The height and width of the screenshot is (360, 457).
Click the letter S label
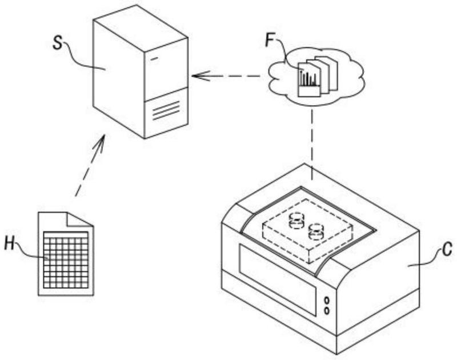pos(58,43)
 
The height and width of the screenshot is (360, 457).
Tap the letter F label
pos(270,40)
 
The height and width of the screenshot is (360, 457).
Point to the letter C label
pos(447,249)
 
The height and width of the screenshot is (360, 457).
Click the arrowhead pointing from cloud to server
pos(201,76)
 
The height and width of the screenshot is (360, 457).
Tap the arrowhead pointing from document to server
pos(99,143)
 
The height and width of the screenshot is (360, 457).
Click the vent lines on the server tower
pos(166,111)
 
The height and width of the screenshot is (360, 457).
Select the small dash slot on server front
pos(154,59)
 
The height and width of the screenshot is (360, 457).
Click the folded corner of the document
pos(79,219)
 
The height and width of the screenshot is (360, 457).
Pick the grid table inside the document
pos(66,259)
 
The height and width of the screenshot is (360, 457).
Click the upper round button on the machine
pos(327,300)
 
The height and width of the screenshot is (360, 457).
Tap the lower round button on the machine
pos(327,311)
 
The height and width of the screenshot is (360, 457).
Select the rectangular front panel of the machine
pos(278,280)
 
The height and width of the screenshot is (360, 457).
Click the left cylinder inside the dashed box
pos(296,221)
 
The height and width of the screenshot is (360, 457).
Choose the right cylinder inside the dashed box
pos(316,231)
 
